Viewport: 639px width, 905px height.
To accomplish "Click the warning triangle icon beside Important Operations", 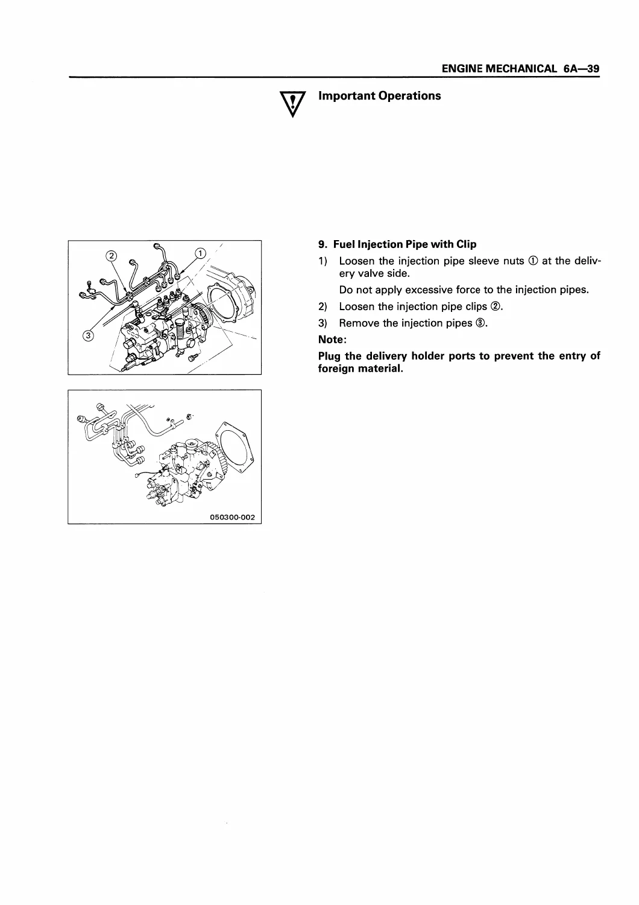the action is click(x=292, y=104).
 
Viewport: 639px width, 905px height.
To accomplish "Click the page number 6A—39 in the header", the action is click(x=581, y=69).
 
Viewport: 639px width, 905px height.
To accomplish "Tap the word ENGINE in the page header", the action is click(x=462, y=69).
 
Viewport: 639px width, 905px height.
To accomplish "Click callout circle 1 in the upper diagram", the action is click(x=201, y=253).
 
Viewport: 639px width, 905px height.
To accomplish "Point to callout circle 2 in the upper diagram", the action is click(x=111, y=256).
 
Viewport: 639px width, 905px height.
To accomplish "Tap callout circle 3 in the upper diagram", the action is click(x=88, y=335).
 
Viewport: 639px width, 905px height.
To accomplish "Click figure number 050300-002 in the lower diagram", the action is click(x=233, y=517).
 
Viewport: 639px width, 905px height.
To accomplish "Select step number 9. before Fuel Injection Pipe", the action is click(x=323, y=244).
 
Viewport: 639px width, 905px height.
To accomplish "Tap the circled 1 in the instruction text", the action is click(x=533, y=261).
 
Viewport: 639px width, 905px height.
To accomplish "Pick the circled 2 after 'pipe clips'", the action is click(x=496, y=306).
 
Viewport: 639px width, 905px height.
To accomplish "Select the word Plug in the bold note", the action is click(x=329, y=357).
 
